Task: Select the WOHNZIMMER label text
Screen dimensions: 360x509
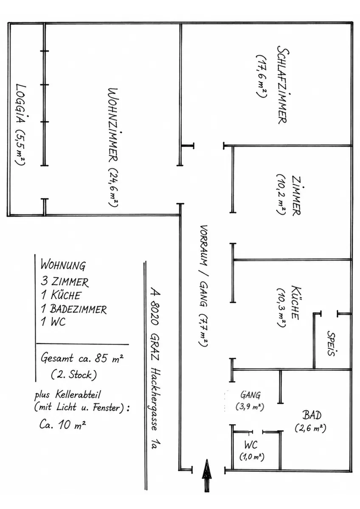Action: point(113,125)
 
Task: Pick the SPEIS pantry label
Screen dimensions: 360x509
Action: point(332,343)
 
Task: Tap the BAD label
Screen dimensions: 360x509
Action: point(312,415)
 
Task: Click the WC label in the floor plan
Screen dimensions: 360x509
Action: point(251,445)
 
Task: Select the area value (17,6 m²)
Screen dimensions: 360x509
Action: point(261,76)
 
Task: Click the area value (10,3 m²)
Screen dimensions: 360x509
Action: point(281,308)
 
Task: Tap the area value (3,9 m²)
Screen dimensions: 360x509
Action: point(250,406)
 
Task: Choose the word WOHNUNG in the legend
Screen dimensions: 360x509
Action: point(63,266)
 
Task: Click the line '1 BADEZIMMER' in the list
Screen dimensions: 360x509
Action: point(74,309)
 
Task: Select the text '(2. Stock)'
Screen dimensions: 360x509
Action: point(74,375)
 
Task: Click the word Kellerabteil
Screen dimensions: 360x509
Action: point(78,395)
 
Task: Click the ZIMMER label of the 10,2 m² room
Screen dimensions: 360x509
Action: point(296,196)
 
